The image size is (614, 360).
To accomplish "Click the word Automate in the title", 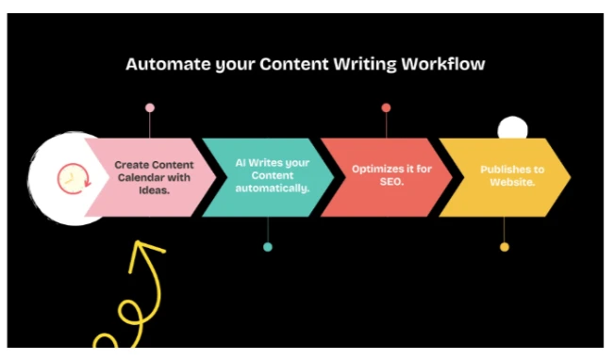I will tap(161, 65).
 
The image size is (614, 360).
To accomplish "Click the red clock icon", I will tap(70, 177).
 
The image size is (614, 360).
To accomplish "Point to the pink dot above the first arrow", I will tap(150, 107).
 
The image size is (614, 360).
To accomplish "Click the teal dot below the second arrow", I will tap(268, 247).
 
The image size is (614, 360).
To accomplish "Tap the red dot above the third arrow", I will tap(386, 107).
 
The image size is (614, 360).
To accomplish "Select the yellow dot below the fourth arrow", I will tap(505, 247).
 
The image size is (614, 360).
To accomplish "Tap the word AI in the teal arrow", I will tap(241, 163).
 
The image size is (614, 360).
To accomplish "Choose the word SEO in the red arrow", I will tap(391, 182).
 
